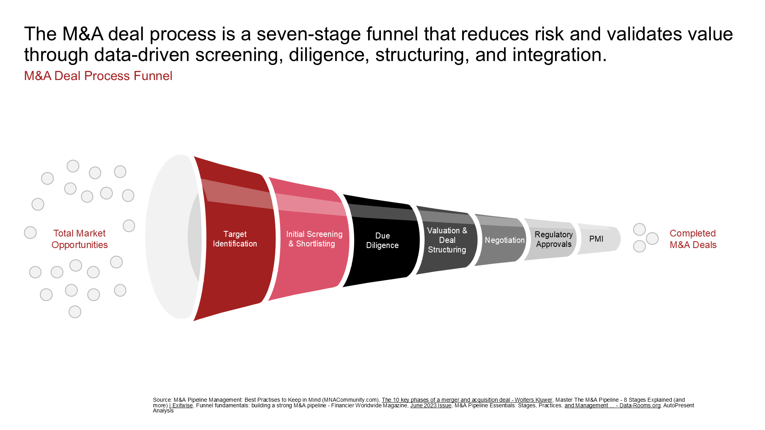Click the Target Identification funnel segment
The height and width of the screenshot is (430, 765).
click(235, 239)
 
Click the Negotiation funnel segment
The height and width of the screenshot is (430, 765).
click(502, 240)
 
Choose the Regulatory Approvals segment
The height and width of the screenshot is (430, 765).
click(551, 239)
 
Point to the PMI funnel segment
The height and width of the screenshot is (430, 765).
click(598, 239)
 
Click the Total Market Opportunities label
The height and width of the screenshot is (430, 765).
click(80, 239)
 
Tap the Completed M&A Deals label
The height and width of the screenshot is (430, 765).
click(693, 239)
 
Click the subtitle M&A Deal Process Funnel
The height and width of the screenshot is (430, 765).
click(98, 76)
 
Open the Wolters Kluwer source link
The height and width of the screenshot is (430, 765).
click(467, 400)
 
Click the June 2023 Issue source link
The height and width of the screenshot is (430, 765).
click(431, 405)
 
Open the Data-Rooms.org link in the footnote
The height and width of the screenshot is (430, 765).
click(612, 405)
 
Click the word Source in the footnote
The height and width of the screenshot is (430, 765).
click(162, 400)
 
